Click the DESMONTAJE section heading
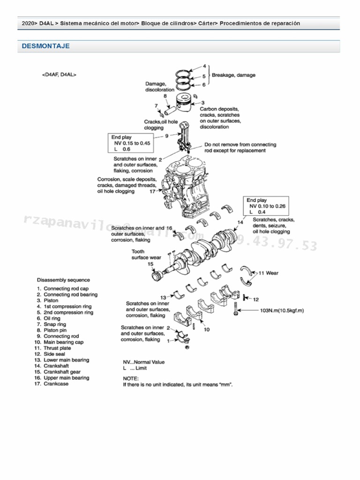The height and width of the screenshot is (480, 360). pyautogui.click(x=45, y=46)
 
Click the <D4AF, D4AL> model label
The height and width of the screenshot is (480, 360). pyautogui.click(x=59, y=74)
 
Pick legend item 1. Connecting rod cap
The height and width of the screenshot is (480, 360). pyautogui.click(x=66, y=289)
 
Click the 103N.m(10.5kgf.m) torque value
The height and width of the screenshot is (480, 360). pyautogui.click(x=285, y=310)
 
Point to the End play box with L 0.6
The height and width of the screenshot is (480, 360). pyautogui.click(x=130, y=143)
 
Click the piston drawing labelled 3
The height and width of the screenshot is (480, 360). pyautogui.click(x=186, y=104)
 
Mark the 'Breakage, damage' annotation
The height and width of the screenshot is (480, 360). pyautogui.click(x=234, y=75)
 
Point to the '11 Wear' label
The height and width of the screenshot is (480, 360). pyautogui.click(x=269, y=272)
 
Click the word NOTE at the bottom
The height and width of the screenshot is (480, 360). pyautogui.click(x=131, y=378)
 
